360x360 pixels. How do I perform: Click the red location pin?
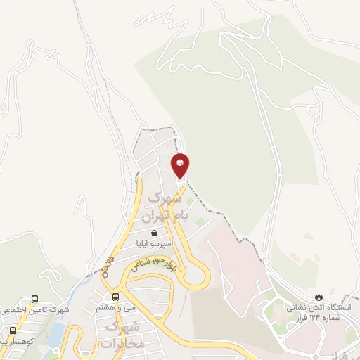point(181,166)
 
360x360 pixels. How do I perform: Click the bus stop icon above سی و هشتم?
point(116,296)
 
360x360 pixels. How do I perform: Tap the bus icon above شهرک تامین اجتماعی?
point(34,298)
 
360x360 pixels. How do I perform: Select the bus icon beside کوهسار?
point(13,330)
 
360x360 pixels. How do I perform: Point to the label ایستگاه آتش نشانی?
point(321,307)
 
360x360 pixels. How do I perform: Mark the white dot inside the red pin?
point(181,163)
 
